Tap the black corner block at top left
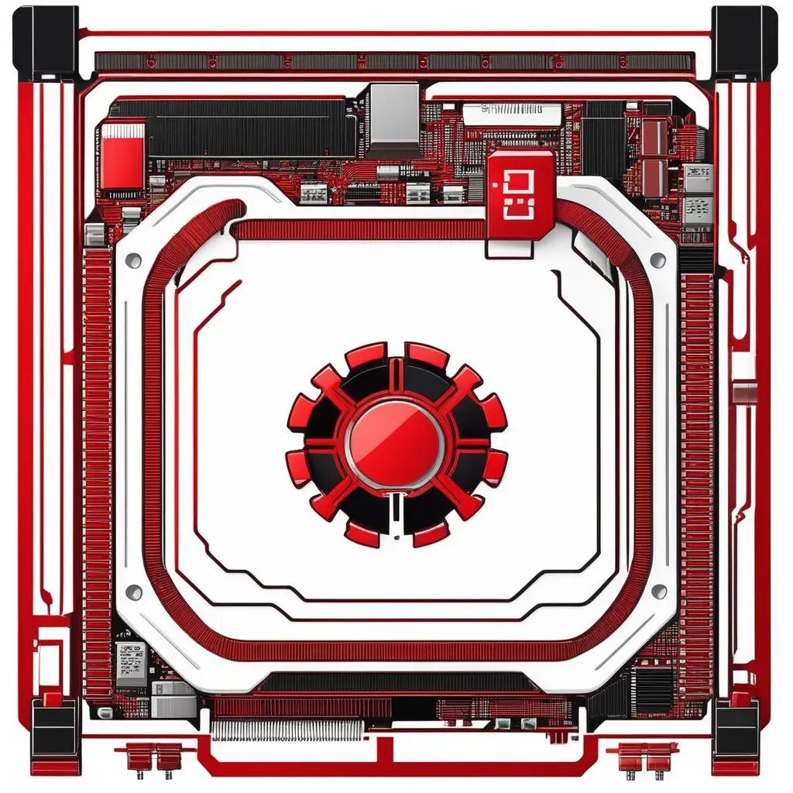[x=46, y=42]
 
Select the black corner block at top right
[x=744, y=42]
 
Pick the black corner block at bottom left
[x=55, y=736]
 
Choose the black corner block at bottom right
[x=736, y=736]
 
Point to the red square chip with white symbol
[x=521, y=184]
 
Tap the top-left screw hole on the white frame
[x=134, y=259]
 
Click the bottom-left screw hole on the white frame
[x=134, y=592]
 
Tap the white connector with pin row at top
[x=511, y=114]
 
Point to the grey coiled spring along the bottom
[x=287, y=729]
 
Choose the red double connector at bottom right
[x=643, y=755]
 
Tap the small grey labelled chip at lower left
[x=130, y=662]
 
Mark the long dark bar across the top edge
[x=395, y=63]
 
